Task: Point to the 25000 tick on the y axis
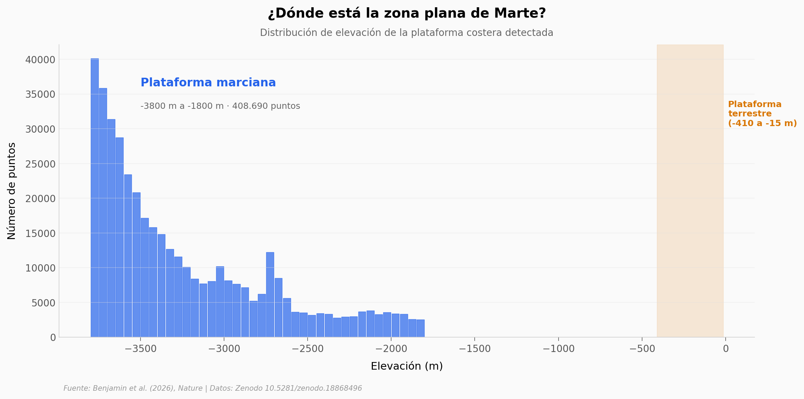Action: (x=40, y=164)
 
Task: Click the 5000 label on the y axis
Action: (x=43, y=303)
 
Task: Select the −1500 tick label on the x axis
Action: (x=475, y=349)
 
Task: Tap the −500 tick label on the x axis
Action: (x=642, y=349)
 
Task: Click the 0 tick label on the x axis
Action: (x=726, y=349)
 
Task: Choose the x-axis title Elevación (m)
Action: (x=406, y=366)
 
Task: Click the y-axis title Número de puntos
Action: (x=11, y=191)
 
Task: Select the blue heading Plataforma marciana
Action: (x=208, y=83)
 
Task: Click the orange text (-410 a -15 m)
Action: (x=762, y=123)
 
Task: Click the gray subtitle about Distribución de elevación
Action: (x=406, y=33)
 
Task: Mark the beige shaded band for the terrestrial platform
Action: (x=690, y=207)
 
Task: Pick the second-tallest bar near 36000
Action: (x=103, y=212)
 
